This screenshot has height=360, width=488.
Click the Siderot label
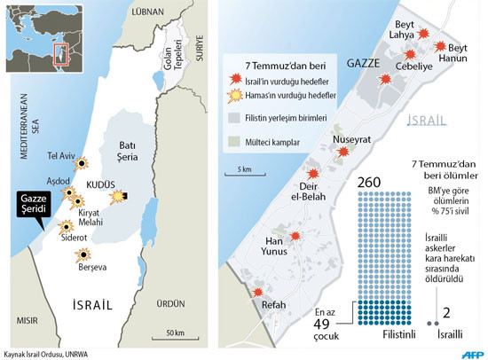(73, 239)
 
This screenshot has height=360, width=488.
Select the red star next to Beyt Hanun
(437, 39)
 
